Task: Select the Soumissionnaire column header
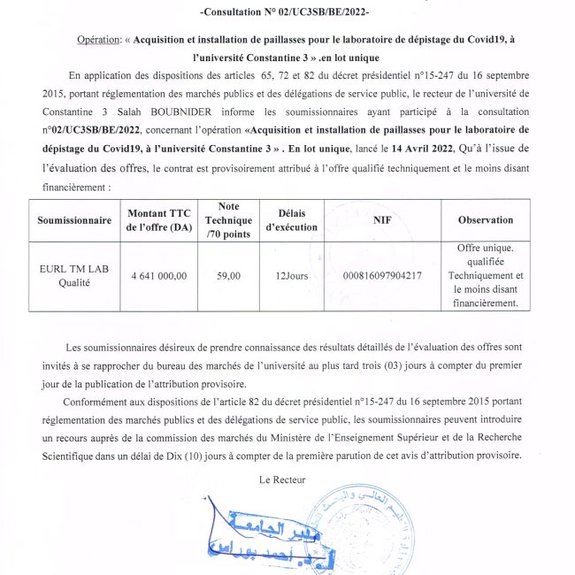(73, 219)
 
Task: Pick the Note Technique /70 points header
(228, 220)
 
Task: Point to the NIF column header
(382, 219)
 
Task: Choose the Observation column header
(485, 219)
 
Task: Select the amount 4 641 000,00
(158, 275)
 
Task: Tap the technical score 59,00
(228, 275)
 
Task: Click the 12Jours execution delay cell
(292, 275)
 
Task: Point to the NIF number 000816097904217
(382, 275)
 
